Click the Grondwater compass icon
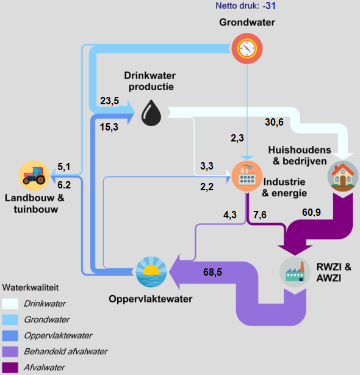point(247,47)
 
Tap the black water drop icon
point(152,113)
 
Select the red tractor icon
point(34,176)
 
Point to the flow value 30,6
point(274,122)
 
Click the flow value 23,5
point(109,101)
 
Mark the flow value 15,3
point(109,127)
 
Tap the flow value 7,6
point(260,214)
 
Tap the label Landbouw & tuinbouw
point(35,204)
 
